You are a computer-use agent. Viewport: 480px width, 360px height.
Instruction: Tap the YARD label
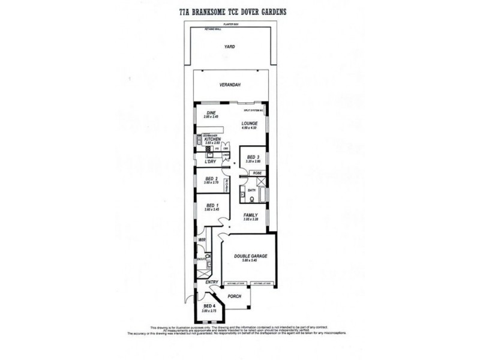click(x=229, y=46)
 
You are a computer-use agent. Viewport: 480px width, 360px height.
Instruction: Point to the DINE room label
click(x=211, y=112)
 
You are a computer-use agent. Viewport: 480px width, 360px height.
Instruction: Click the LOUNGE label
click(x=249, y=124)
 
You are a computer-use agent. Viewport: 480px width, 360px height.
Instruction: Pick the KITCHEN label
click(x=214, y=139)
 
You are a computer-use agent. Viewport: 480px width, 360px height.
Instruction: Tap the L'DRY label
click(x=210, y=162)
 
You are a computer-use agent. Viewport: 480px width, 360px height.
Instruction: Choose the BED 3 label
click(x=253, y=157)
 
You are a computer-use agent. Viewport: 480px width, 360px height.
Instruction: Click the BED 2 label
click(x=211, y=178)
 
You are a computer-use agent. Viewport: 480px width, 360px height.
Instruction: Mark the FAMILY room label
click(x=250, y=215)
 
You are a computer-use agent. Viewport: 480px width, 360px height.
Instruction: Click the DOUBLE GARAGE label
click(x=250, y=256)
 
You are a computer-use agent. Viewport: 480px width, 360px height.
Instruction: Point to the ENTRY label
click(x=211, y=281)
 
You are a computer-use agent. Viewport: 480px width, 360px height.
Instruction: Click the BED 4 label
click(x=208, y=307)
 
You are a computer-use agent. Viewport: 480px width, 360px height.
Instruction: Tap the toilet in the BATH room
click(x=242, y=193)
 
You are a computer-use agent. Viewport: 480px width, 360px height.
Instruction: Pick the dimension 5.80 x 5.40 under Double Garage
click(x=250, y=261)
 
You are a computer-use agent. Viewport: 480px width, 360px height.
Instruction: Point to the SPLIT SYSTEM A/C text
click(x=253, y=111)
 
